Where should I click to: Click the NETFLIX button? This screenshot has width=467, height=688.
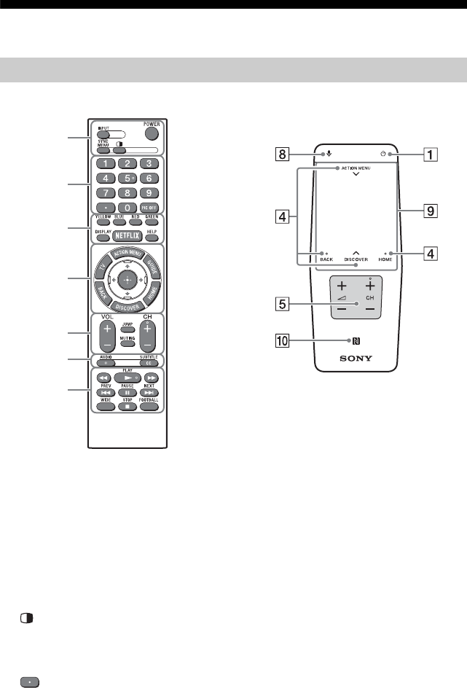coord(127,238)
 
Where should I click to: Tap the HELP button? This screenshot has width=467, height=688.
coord(152,238)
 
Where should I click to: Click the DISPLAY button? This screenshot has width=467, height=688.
coord(102,238)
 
